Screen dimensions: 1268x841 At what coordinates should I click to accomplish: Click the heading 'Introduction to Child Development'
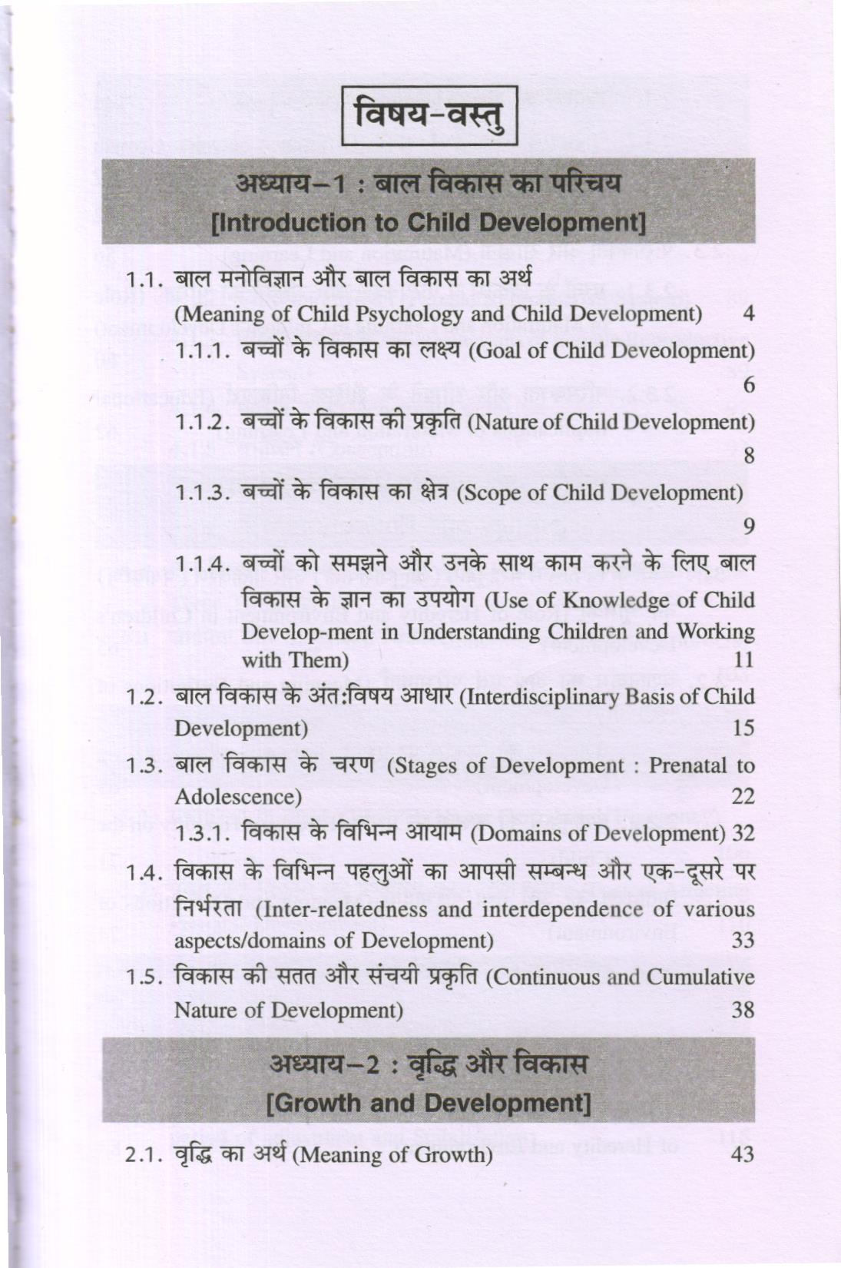tap(428, 223)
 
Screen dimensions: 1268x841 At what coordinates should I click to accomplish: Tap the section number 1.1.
tap(143, 280)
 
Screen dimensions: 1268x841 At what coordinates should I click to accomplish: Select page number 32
tap(743, 833)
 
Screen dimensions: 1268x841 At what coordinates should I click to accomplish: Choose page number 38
tap(743, 1010)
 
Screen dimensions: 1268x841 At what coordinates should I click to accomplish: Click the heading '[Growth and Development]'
tap(428, 1104)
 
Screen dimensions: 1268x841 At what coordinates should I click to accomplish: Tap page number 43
tap(743, 1155)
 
